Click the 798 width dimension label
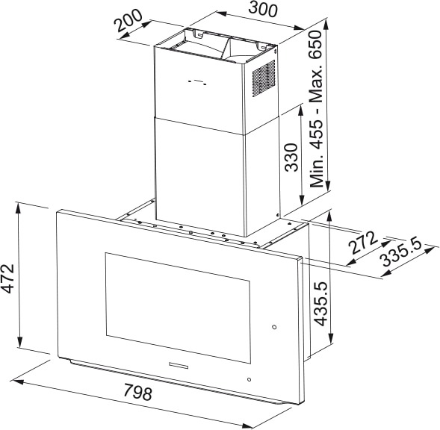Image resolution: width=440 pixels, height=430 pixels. [137, 393]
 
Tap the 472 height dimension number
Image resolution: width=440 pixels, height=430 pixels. [7, 278]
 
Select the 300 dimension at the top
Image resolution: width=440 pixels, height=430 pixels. [263, 9]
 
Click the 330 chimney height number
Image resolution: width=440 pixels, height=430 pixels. [291, 158]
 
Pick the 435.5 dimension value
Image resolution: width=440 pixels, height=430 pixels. [320, 304]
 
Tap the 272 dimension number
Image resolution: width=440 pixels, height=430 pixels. [362, 243]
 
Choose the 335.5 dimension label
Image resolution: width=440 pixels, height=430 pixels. [402, 252]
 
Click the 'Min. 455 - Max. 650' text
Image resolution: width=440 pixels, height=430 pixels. [316, 109]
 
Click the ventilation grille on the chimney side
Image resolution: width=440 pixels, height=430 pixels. [264, 78]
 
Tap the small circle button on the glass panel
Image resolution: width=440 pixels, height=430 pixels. [274, 327]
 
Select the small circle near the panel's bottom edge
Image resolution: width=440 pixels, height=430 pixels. [250, 379]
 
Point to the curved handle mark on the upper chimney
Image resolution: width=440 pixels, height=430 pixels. [198, 82]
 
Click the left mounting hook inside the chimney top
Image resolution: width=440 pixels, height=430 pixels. [198, 34]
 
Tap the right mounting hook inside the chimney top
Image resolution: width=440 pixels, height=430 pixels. [261, 46]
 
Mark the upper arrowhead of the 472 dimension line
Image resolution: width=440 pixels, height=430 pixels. [19, 207]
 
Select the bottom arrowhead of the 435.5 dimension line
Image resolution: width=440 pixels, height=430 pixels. [331, 338]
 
